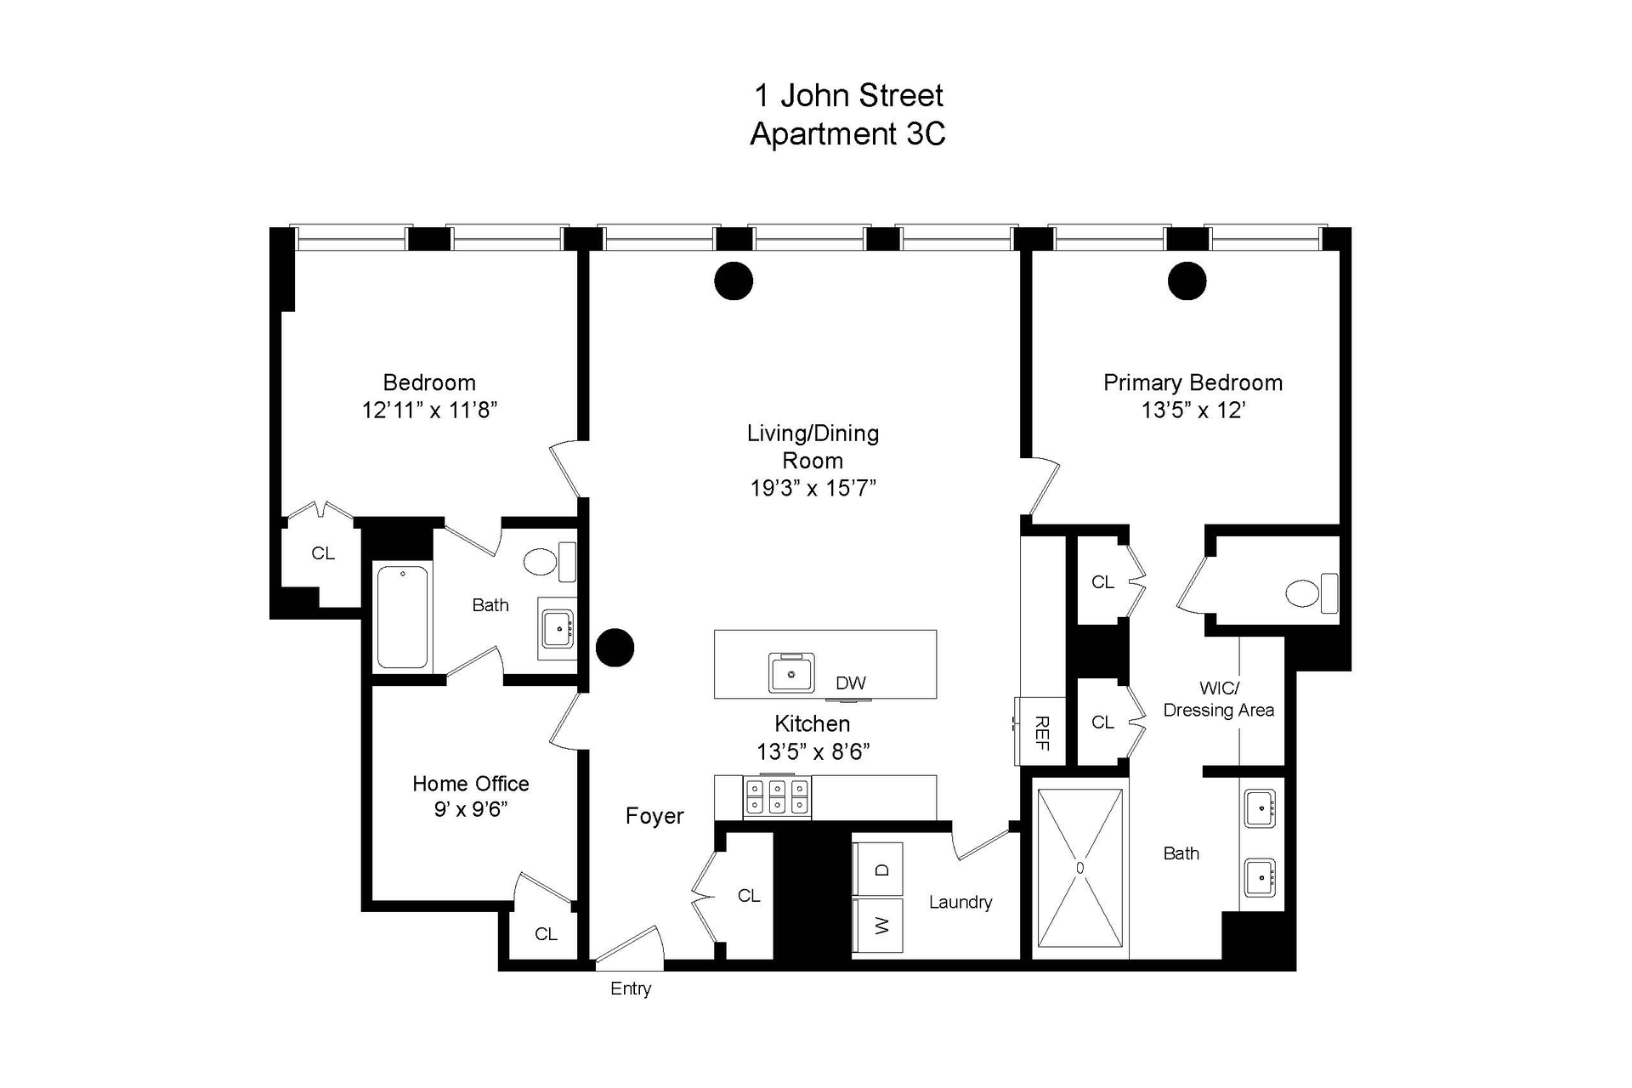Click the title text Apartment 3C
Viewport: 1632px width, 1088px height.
point(847,134)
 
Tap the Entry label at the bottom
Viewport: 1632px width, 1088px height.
point(631,989)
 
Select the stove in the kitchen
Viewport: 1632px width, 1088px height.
point(777,797)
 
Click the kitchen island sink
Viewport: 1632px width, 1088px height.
point(791,673)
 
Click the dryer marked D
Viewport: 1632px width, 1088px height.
point(878,870)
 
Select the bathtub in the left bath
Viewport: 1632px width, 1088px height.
point(403,617)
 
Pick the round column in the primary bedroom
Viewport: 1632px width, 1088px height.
point(1187,281)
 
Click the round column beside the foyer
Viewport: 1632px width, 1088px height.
point(615,648)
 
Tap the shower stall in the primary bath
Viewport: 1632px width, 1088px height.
point(1079,868)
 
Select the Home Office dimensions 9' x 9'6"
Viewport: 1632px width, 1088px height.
point(471,809)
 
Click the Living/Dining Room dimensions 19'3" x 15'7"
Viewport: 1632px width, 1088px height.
point(813,489)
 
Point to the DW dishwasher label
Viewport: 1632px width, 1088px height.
point(851,683)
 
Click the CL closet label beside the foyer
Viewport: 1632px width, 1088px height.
point(749,896)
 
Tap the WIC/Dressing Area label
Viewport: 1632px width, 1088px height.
point(1218,700)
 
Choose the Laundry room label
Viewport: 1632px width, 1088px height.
point(960,903)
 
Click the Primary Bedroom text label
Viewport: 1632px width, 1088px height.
point(1193,383)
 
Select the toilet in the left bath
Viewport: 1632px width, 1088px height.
point(544,561)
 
